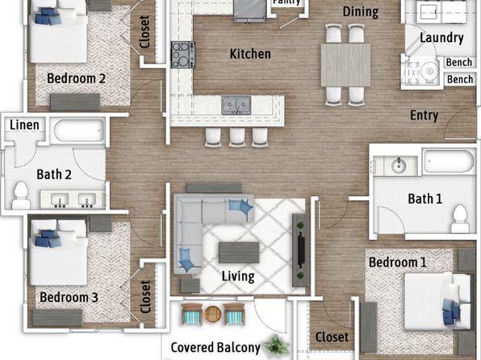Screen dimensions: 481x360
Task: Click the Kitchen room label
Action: [x=250, y=54]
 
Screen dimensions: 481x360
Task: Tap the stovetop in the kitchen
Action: [x=183, y=55]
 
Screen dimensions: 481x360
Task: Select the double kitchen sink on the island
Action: [x=236, y=105]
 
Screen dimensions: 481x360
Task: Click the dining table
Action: [x=345, y=65]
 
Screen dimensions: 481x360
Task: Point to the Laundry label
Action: [x=441, y=38]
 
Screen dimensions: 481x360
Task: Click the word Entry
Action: [x=424, y=115]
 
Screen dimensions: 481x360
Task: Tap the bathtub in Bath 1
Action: [x=449, y=161]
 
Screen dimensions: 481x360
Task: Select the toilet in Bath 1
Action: [x=460, y=219]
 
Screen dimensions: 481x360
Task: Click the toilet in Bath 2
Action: [x=21, y=195]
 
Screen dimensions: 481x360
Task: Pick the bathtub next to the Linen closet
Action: [x=79, y=130]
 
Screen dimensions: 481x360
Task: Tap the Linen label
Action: [x=24, y=125]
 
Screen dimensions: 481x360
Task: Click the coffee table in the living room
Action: [x=239, y=253]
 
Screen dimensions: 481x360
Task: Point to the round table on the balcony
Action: [x=213, y=314]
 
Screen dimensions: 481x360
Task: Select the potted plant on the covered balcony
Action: [x=276, y=345]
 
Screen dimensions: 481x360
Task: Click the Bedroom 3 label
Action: [x=69, y=297]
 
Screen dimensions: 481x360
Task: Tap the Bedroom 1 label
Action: [x=398, y=262]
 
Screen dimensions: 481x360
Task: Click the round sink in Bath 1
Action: [x=399, y=165]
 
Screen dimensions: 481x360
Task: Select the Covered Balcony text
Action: [x=215, y=348]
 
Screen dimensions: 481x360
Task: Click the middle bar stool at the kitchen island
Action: [x=237, y=137]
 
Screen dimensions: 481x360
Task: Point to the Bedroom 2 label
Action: [x=76, y=78]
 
